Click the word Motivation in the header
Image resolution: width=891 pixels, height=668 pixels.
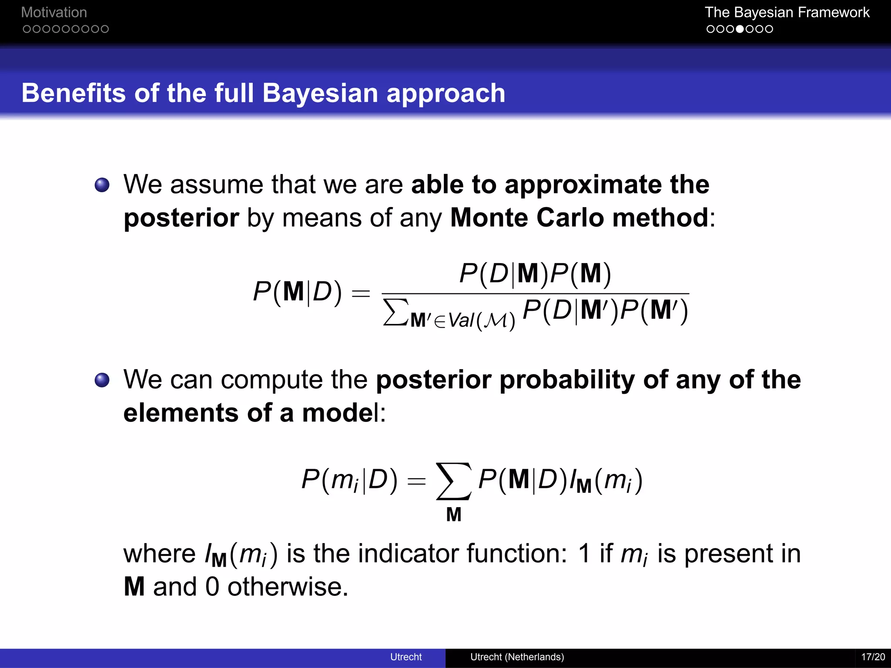point(54,12)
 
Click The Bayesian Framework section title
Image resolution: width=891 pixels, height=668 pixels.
point(787,12)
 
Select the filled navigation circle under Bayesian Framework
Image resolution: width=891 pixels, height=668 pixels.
point(740,29)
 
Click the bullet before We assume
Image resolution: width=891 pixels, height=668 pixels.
point(102,185)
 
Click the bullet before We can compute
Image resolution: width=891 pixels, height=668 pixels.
point(102,380)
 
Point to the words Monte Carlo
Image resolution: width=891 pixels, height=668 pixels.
point(526,217)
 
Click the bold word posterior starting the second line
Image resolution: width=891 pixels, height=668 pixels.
point(181,218)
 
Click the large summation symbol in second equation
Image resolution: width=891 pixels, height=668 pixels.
point(453,481)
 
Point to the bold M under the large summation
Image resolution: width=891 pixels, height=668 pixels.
point(453,515)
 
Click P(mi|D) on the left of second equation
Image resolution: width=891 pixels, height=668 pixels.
point(349,481)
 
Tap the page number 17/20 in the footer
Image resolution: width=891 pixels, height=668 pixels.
point(873,657)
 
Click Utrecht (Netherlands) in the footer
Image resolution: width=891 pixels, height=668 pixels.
point(517,657)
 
